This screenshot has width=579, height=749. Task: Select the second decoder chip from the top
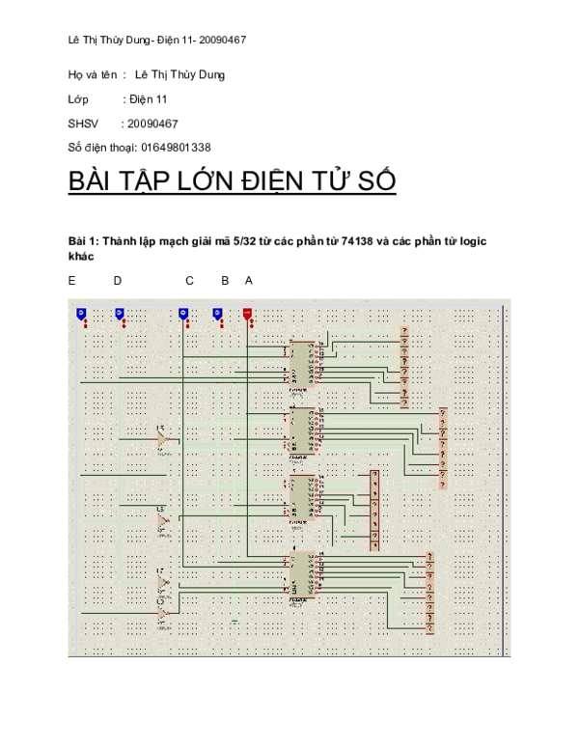coord(302,430)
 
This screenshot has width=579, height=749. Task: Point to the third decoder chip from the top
coord(302,497)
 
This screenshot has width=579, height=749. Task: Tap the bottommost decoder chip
coord(302,573)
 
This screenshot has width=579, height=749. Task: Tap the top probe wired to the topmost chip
coord(404,331)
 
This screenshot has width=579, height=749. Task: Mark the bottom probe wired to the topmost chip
coord(404,403)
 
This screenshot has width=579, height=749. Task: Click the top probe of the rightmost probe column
coord(443,412)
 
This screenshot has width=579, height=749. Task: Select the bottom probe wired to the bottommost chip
coord(430,629)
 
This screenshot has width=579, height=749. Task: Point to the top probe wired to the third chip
coord(374,475)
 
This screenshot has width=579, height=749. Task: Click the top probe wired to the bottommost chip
coord(430,556)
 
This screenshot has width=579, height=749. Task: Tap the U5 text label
coord(160,428)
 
